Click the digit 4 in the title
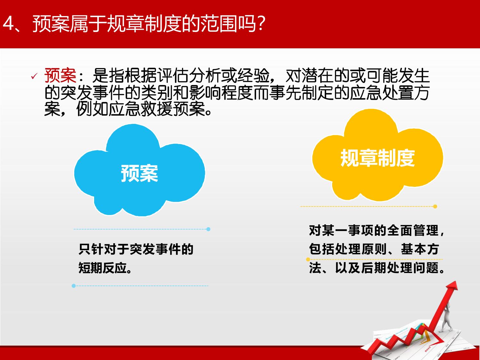point(9,24)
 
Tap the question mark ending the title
point(261,24)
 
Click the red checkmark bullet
point(34,76)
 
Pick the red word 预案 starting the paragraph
point(60,76)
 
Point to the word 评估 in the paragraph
point(173,76)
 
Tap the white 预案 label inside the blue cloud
point(140,173)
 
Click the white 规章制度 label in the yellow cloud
point(377,158)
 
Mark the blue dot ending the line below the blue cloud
point(208,229)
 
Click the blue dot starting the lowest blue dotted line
point(74,286)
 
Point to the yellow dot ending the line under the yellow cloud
point(435,206)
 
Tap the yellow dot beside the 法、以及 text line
point(308,260)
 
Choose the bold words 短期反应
point(103,268)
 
